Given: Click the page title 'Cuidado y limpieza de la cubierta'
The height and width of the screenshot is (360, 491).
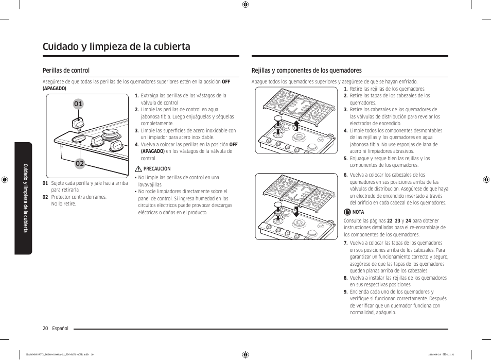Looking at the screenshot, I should [x=116, y=46].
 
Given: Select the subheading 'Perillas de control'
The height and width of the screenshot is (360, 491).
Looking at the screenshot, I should [x=66, y=71].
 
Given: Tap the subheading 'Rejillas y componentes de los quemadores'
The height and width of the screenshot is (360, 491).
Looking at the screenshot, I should [x=306, y=71].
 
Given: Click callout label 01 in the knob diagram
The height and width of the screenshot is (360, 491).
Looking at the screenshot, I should [x=78, y=104].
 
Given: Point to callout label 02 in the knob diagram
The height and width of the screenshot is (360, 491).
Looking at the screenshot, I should [x=79, y=163].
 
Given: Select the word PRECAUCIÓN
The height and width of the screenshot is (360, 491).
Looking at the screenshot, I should [x=157, y=168].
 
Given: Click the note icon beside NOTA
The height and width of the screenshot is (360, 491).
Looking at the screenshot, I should [x=347, y=212].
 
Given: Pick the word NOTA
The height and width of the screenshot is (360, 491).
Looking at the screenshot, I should [x=358, y=212].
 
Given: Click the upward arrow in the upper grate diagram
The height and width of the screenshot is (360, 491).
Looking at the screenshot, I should [x=296, y=126].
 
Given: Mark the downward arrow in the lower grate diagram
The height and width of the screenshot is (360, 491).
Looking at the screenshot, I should [x=296, y=211].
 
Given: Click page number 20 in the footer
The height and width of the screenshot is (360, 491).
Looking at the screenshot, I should [x=45, y=328].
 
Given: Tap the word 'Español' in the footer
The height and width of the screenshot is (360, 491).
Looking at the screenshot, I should [x=60, y=328].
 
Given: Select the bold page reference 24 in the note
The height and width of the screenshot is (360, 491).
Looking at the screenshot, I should [x=408, y=220].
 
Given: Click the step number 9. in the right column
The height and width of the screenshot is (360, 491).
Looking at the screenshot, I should [x=346, y=292].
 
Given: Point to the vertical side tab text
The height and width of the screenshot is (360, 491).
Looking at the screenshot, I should [x=24, y=198].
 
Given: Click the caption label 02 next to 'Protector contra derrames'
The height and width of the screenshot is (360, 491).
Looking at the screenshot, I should [x=45, y=197].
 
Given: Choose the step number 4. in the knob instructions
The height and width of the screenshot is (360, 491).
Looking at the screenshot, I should [x=137, y=145].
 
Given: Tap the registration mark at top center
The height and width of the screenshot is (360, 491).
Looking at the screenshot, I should [x=246, y=5].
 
